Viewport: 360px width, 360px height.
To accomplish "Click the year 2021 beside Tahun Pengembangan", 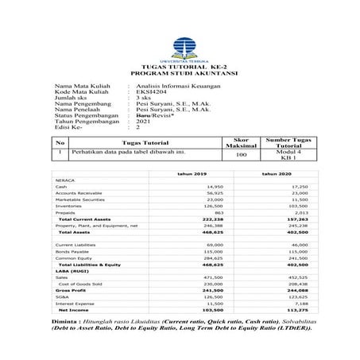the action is click(x=144, y=121).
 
